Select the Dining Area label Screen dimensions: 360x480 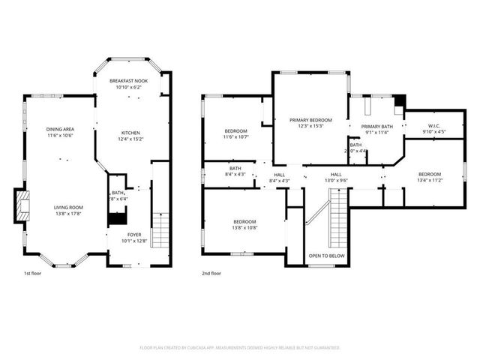[61, 129]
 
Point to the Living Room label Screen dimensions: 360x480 [68, 207]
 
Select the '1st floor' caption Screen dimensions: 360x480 [32, 274]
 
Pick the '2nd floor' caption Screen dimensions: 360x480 [211, 274]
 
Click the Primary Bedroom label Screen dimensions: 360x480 [310, 120]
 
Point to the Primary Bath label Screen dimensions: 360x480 [376, 127]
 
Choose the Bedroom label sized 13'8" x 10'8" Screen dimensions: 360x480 [244, 222]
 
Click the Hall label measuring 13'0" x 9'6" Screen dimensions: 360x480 [336, 174]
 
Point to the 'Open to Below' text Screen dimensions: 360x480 [327, 256]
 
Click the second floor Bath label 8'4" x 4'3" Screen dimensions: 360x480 [235, 169]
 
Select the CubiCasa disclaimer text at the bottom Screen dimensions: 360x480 [240, 348]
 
